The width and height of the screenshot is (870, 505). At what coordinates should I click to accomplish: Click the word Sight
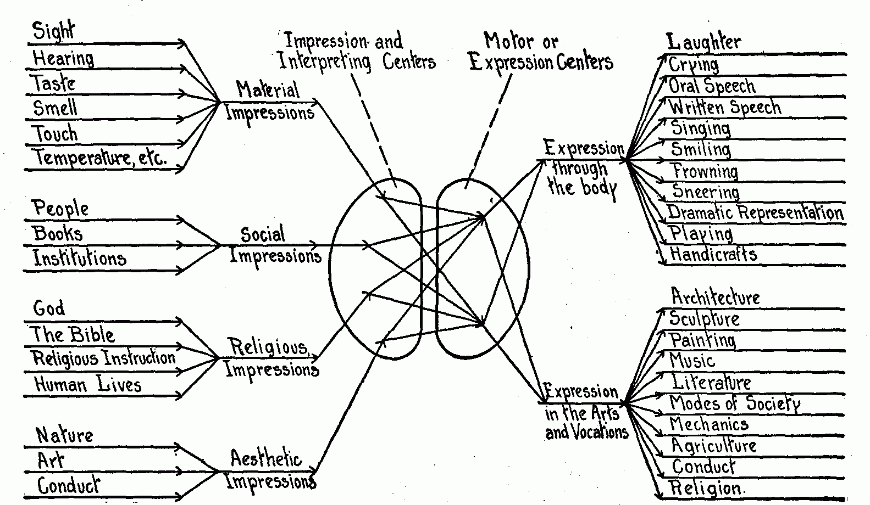(x=53, y=31)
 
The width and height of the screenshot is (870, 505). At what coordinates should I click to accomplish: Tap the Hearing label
(x=63, y=58)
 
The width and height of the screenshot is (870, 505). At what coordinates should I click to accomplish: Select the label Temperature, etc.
(x=100, y=158)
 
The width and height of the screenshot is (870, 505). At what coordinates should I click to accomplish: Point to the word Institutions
(x=80, y=257)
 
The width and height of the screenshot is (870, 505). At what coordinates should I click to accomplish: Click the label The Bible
(x=72, y=334)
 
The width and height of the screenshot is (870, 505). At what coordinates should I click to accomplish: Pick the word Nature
(x=64, y=435)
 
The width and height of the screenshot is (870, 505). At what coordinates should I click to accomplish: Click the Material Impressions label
(x=269, y=101)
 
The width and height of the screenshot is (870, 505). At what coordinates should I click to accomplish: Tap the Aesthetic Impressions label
(x=270, y=470)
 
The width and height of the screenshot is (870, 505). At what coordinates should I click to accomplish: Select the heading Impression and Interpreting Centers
(x=357, y=52)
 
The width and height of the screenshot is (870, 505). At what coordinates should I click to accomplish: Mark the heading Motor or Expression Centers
(x=541, y=52)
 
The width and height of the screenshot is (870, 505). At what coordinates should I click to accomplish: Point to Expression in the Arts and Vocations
(x=586, y=412)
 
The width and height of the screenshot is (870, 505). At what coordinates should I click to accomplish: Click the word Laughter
(x=703, y=42)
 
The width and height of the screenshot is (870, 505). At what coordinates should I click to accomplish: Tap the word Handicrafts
(x=713, y=254)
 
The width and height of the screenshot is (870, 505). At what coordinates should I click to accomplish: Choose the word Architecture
(x=716, y=297)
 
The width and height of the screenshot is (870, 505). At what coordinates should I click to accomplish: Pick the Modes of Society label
(x=735, y=403)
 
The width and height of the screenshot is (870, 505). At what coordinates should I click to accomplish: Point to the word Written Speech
(x=725, y=107)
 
